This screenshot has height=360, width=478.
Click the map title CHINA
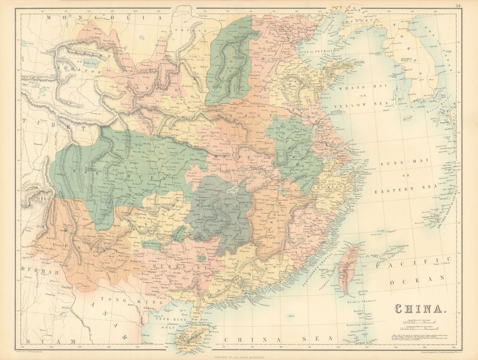click(x=419, y=309)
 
